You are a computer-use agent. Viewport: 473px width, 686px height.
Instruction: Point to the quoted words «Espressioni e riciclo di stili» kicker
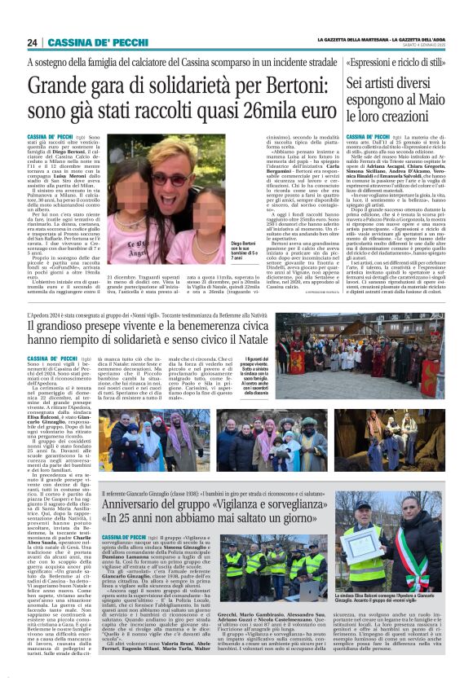point(404,63)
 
